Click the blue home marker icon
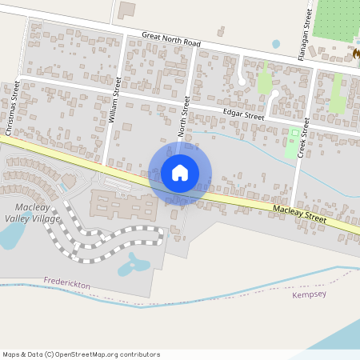(x=179, y=173)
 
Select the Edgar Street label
(x=243, y=116)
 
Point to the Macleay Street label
(x=299, y=213)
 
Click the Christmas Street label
(x=14, y=108)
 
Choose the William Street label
(x=114, y=100)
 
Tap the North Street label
(x=184, y=117)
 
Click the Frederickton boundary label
(x=67, y=283)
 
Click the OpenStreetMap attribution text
(x=81, y=354)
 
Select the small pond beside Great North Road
(x=276, y=44)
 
